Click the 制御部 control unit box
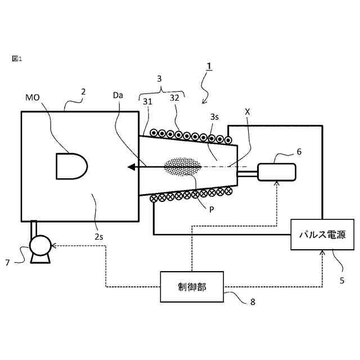pos(192,286)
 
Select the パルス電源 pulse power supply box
pos(322,234)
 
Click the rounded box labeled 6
pos(276,172)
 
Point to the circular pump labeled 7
pos(40,245)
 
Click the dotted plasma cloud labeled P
pos(182,167)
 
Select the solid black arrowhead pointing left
pos(133,166)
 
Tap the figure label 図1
pos(17,58)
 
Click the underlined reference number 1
pos(209,66)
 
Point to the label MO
pos(32,97)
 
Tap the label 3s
pos(214,117)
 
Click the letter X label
pos(247,111)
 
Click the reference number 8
pos(253,301)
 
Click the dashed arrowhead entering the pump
pos(55,245)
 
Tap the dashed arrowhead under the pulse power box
pos(322,254)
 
